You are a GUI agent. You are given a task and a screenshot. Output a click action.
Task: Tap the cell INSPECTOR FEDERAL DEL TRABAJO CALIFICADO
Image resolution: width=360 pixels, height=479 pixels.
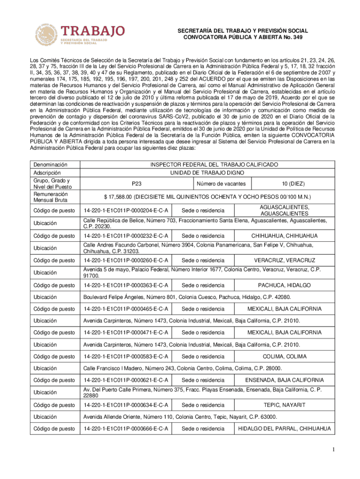tap(207, 165)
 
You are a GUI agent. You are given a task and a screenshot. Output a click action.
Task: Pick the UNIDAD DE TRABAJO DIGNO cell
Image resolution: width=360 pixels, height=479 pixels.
tap(207, 173)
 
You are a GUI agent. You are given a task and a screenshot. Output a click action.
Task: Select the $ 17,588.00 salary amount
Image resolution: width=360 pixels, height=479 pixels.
tap(207, 196)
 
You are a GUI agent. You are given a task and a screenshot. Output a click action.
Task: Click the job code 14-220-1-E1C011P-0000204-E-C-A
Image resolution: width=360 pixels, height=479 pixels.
tap(126, 210)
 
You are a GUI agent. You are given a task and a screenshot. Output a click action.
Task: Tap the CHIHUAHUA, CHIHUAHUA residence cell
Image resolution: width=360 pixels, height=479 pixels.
tap(284, 236)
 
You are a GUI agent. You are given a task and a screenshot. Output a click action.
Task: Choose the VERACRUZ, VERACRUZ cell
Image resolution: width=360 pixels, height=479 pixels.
tap(284, 260)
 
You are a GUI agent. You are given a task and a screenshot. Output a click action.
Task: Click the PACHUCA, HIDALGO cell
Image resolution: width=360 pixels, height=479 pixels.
tap(284, 285)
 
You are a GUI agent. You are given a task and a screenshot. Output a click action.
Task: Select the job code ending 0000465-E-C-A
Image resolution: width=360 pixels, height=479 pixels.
tap(126, 309)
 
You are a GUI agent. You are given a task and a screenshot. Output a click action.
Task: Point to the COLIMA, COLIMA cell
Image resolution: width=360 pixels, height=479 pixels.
tap(284, 356)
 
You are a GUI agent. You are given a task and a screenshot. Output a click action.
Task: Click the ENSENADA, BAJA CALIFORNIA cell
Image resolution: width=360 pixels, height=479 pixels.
tap(284, 380)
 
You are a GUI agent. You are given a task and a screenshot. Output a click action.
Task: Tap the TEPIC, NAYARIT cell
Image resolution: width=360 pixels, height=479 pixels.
tap(284, 405)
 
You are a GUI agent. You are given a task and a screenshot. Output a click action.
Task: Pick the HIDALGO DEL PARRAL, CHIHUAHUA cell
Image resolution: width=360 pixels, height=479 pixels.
tap(284, 428)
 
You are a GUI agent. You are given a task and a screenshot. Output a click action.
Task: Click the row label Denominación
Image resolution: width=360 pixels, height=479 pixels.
tap(48, 165)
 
